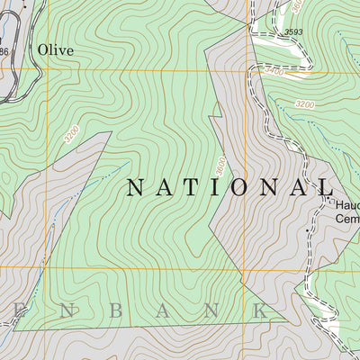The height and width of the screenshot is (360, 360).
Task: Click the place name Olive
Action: click(x=55, y=50)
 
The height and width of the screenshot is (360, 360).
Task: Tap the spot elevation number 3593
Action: click(x=293, y=33)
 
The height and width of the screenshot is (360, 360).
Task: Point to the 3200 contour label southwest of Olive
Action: click(x=72, y=135)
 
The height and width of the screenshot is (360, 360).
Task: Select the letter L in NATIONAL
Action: click(x=325, y=187)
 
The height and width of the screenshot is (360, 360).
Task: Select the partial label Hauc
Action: click(x=346, y=204)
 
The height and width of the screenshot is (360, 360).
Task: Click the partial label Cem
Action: click(x=346, y=217)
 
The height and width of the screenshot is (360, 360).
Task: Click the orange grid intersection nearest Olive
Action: click(x=45, y=70)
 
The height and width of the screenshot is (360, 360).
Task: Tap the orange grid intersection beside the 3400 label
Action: click(x=245, y=70)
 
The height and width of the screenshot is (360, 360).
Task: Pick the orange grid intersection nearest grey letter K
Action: click(x=245, y=267)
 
